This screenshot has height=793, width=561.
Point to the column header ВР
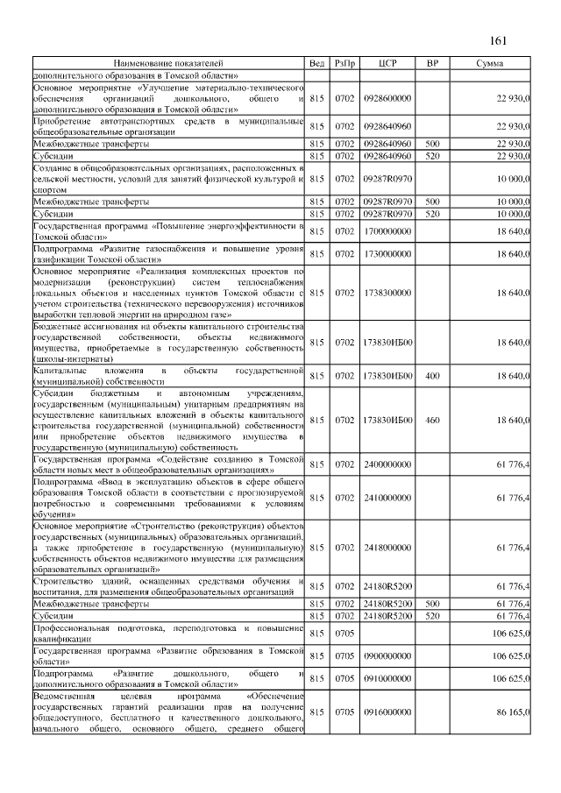431,64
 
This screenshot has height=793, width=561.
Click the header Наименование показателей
167,64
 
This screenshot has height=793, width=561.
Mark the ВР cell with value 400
431,375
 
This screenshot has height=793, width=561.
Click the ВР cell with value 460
431,421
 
